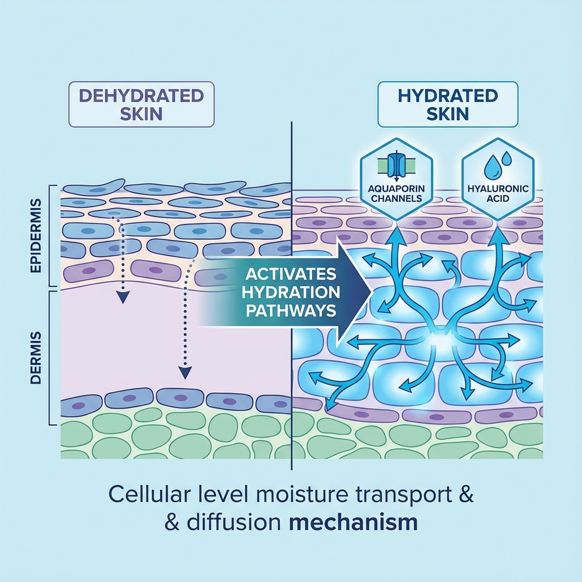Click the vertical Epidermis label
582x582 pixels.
36,235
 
